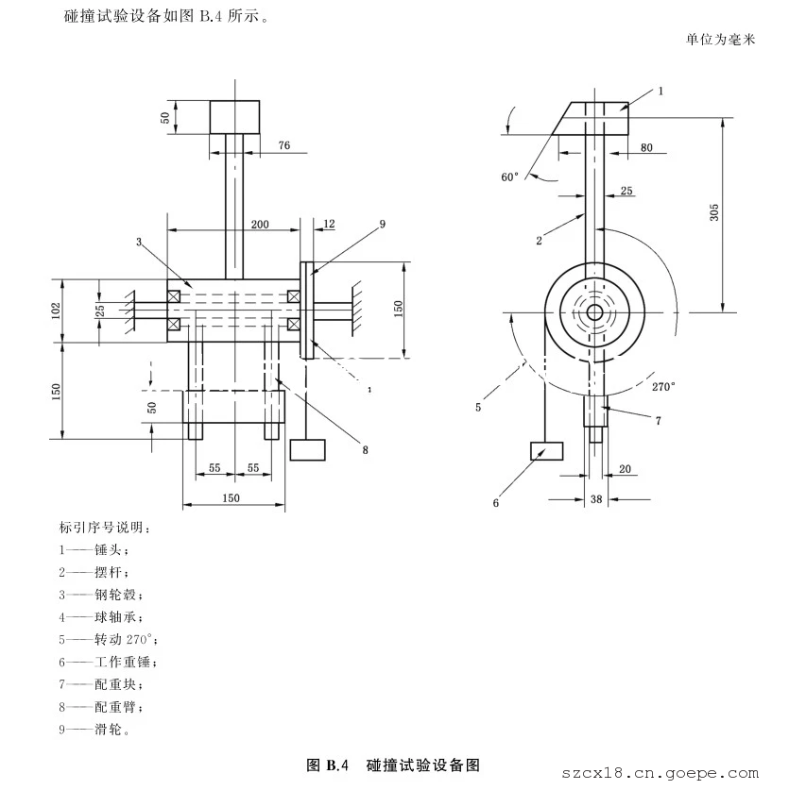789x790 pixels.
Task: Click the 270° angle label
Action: [x=664, y=385]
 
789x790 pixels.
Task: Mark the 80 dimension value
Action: [x=646, y=147]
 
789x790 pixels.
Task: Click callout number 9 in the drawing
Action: [x=382, y=224]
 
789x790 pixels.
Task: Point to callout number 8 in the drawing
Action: [x=364, y=449]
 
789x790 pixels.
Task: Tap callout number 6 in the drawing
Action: [x=495, y=502]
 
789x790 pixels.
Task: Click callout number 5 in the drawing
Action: [x=478, y=407]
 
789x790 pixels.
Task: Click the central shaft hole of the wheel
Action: [x=593, y=311]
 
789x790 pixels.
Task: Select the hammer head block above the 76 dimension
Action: [x=234, y=117]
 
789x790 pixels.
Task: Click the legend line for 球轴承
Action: [x=99, y=616]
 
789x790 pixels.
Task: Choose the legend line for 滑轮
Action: [x=94, y=729]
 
